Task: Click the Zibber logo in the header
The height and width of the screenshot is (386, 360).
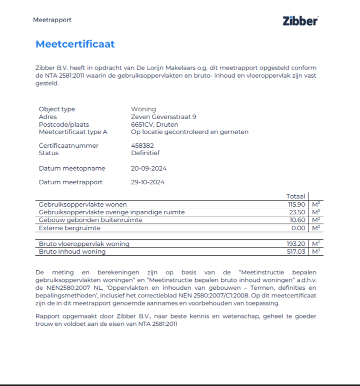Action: coord(300,21)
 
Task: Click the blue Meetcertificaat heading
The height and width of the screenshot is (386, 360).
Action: coord(75,44)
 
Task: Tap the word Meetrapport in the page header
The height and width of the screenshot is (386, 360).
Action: coord(52,20)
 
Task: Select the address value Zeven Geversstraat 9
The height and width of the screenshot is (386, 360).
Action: coord(163,117)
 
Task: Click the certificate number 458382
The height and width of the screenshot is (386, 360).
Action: coord(142,146)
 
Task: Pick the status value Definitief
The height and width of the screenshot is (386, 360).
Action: coord(145,153)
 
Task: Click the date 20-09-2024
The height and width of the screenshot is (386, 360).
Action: coord(148,169)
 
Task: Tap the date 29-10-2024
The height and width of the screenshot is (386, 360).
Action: coord(148,182)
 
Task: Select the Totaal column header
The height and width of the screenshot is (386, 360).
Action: coord(295,196)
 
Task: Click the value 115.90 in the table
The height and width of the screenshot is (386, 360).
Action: coord(295,204)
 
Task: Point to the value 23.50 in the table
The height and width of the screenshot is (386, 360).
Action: coord(296,212)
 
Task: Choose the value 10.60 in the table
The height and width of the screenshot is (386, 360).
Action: coord(296,220)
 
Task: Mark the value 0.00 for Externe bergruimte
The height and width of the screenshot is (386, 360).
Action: coord(298,228)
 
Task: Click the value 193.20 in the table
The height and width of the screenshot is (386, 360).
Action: coord(295,244)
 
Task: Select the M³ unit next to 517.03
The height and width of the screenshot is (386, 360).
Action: coord(315,251)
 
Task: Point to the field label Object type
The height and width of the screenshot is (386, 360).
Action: coord(57,109)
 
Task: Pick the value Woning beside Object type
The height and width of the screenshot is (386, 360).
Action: coord(143,109)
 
